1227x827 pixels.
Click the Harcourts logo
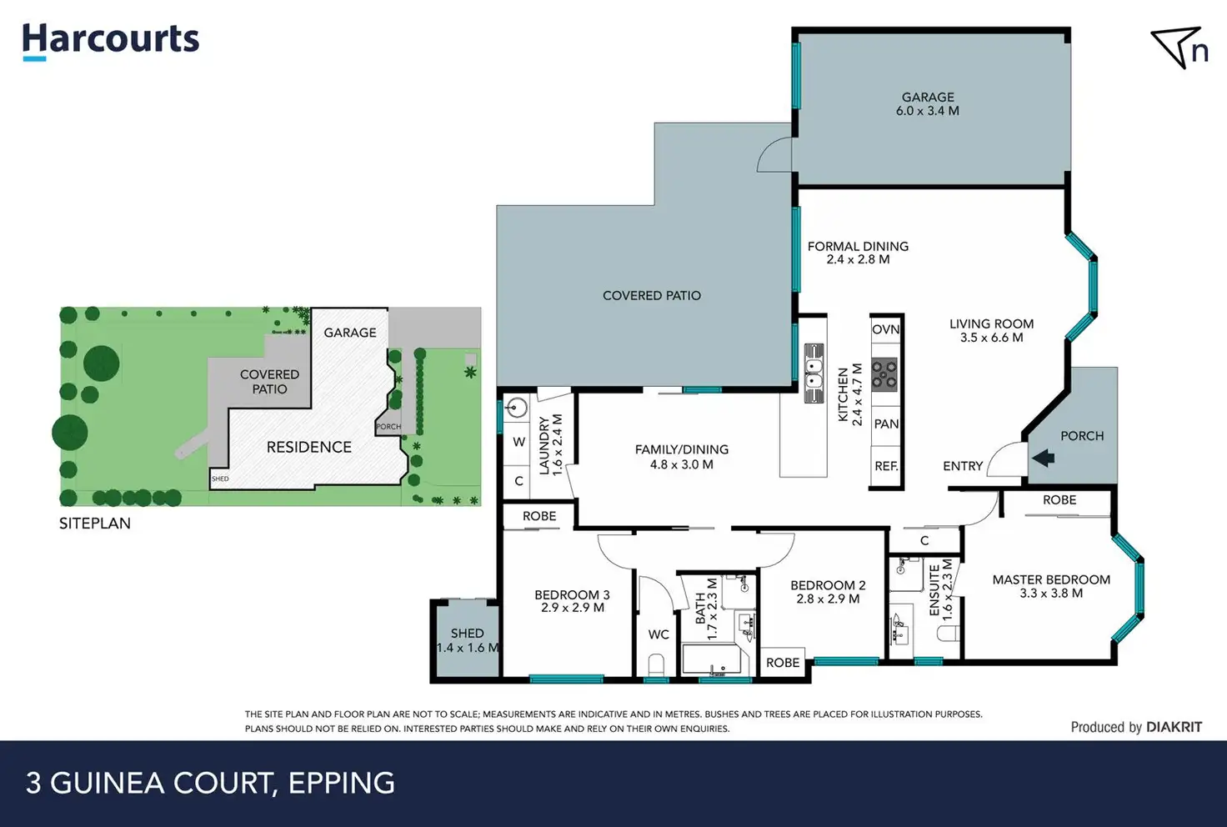pyautogui.click(x=111, y=43)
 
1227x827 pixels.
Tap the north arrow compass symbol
pyautogui.click(x=1179, y=48)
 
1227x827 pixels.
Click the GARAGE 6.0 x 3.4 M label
pyautogui.click(x=928, y=103)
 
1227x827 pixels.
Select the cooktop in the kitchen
pyautogui.click(x=884, y=374)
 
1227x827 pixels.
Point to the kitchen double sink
pyautogui.click(x=814, y=373)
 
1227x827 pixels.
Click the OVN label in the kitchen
pyautogui.click(x=885, y=329)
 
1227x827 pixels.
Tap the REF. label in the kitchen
pyautogui.click(x=886, y=466)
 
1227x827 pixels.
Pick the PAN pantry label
pyautogui.click(x=886, y=424)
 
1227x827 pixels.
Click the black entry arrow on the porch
pyautogui.click(x=1043, y=458)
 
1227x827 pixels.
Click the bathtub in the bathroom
pyautogui.click(x=712, y=659)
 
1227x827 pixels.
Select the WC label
pyautogui.click(x=659, y=634)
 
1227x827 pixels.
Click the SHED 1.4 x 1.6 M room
pyautogui.click(x=468, y=640)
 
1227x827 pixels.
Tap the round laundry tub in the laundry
pyautogui.click(x=516, y=408)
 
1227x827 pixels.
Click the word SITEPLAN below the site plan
pyautogui.click(x=95, y=524)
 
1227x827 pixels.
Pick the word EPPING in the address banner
pyautogui.click(x=342, y=783)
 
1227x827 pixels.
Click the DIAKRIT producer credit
pyautogui.click(x=1174, y=727)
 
